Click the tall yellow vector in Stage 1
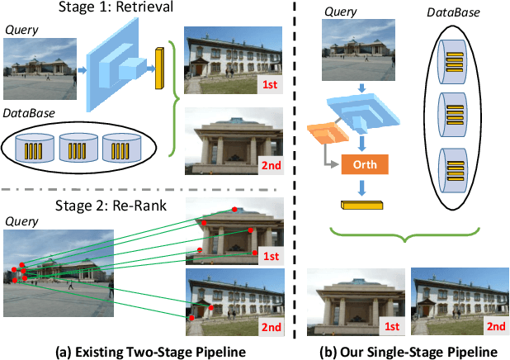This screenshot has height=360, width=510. coord(159,70)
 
